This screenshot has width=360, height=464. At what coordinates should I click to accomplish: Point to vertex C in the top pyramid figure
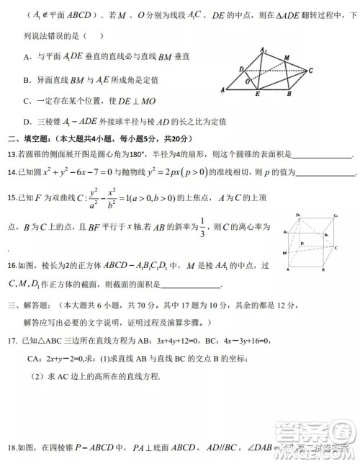click(x=310, y=71)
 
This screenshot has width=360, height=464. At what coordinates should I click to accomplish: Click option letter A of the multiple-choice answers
click(x=27, y=55)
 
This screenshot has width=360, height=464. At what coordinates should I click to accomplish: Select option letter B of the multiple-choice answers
click(x=27, y=80)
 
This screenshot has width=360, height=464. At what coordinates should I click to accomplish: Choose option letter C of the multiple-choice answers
click(x=27, y=102)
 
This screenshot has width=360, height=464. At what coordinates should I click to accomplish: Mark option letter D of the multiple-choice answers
click(x=27, y=122)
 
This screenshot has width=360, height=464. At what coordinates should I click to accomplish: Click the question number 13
click(x=12, y=154)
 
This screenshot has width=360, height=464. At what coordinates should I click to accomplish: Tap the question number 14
click(x=12, y=173)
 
